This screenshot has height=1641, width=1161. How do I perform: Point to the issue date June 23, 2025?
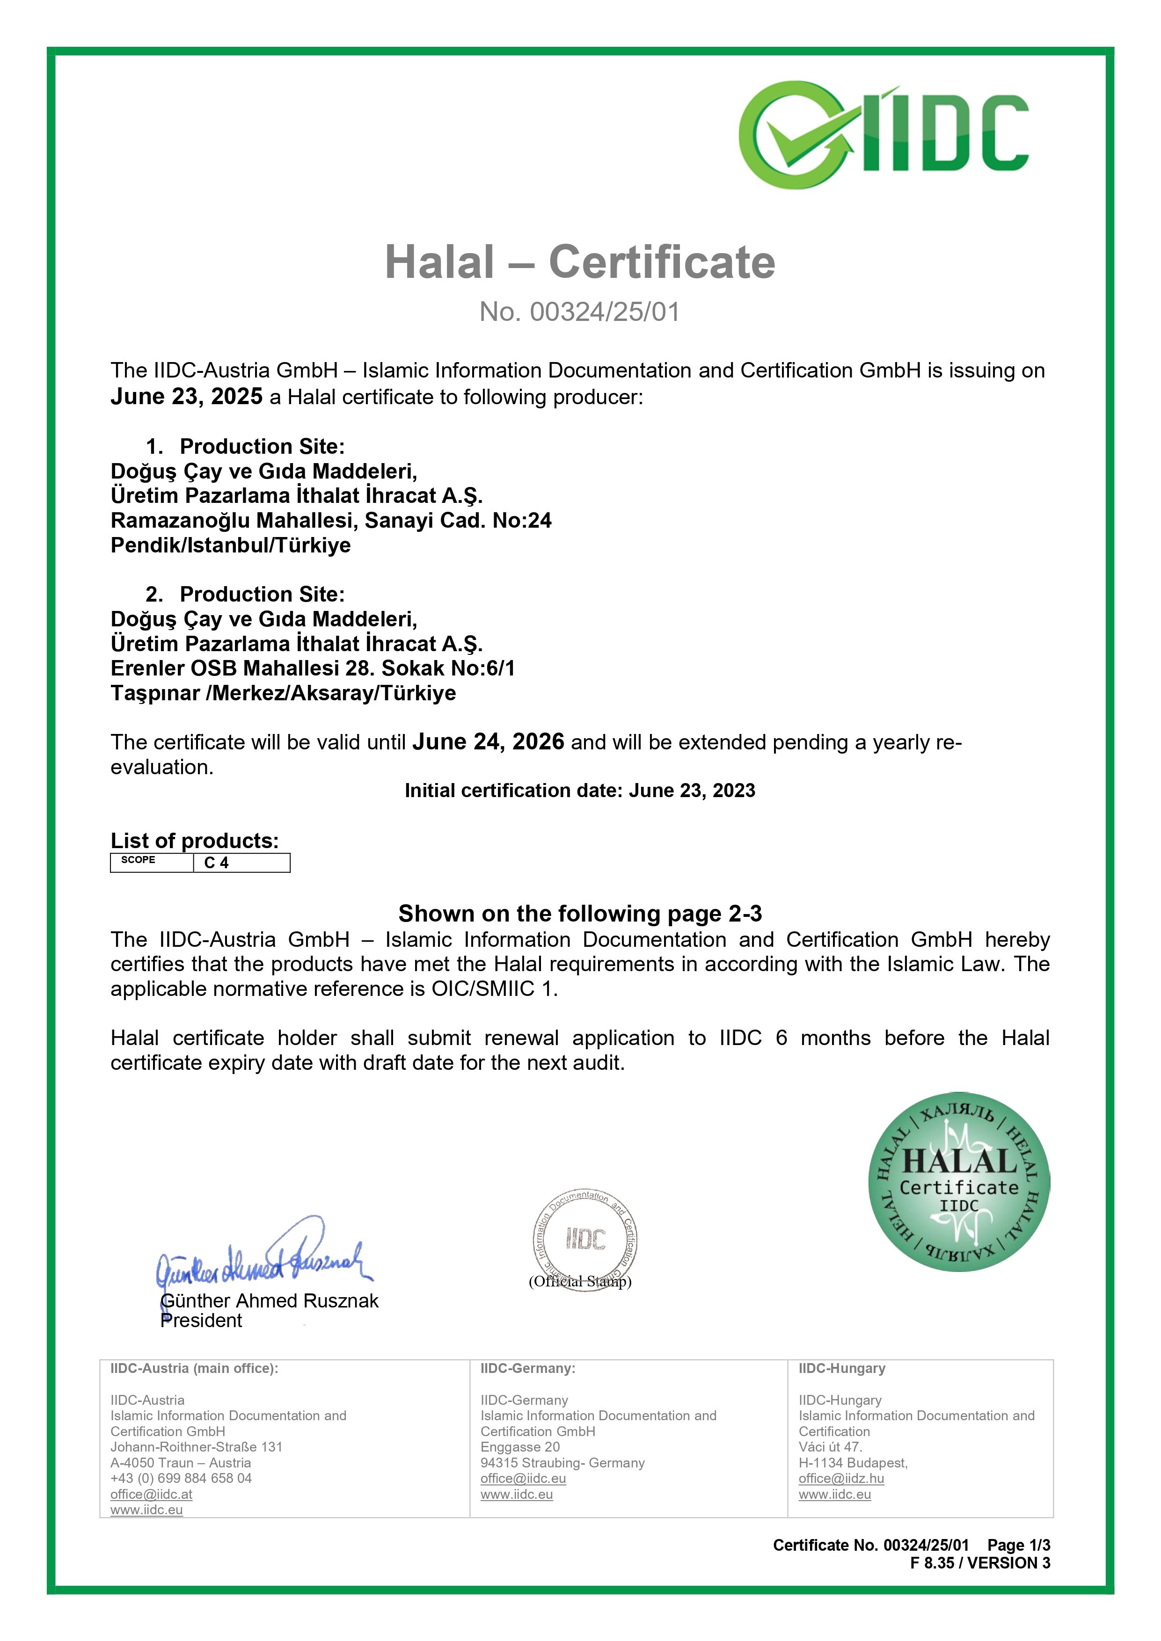click(187, 397)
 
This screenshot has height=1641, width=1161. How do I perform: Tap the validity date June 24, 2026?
click(488, 742)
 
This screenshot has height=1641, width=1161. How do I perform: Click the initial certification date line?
click(580, 791)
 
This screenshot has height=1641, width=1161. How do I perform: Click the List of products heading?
click(195, 841)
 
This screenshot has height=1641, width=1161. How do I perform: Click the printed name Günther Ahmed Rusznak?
click(270, 1301)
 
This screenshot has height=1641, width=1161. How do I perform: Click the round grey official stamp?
click(585, 1241)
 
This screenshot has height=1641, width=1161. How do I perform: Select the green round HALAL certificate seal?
click(959, 1182)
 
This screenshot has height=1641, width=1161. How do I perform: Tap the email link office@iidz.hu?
click(841, 1479)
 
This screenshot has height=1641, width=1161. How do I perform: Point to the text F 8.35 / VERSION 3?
click(980, 1563)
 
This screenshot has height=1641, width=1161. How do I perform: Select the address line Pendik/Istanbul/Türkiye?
click(231, 545)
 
